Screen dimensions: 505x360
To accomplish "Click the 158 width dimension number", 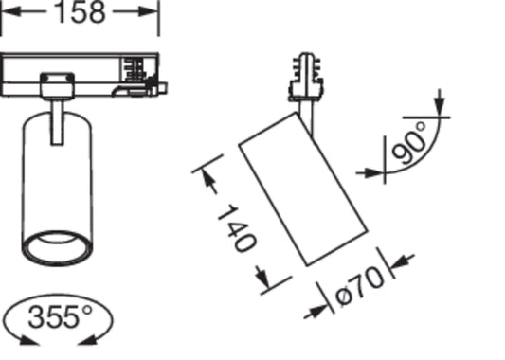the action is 81,12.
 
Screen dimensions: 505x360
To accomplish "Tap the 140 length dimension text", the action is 238,228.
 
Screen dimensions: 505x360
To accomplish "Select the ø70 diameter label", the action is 359,285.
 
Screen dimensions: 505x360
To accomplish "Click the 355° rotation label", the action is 61,316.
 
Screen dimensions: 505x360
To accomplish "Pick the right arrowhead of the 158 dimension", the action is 148,12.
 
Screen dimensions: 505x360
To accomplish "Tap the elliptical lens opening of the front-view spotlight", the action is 57,248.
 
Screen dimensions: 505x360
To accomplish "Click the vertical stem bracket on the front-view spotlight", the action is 58,122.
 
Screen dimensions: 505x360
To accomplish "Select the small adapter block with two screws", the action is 58,85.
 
